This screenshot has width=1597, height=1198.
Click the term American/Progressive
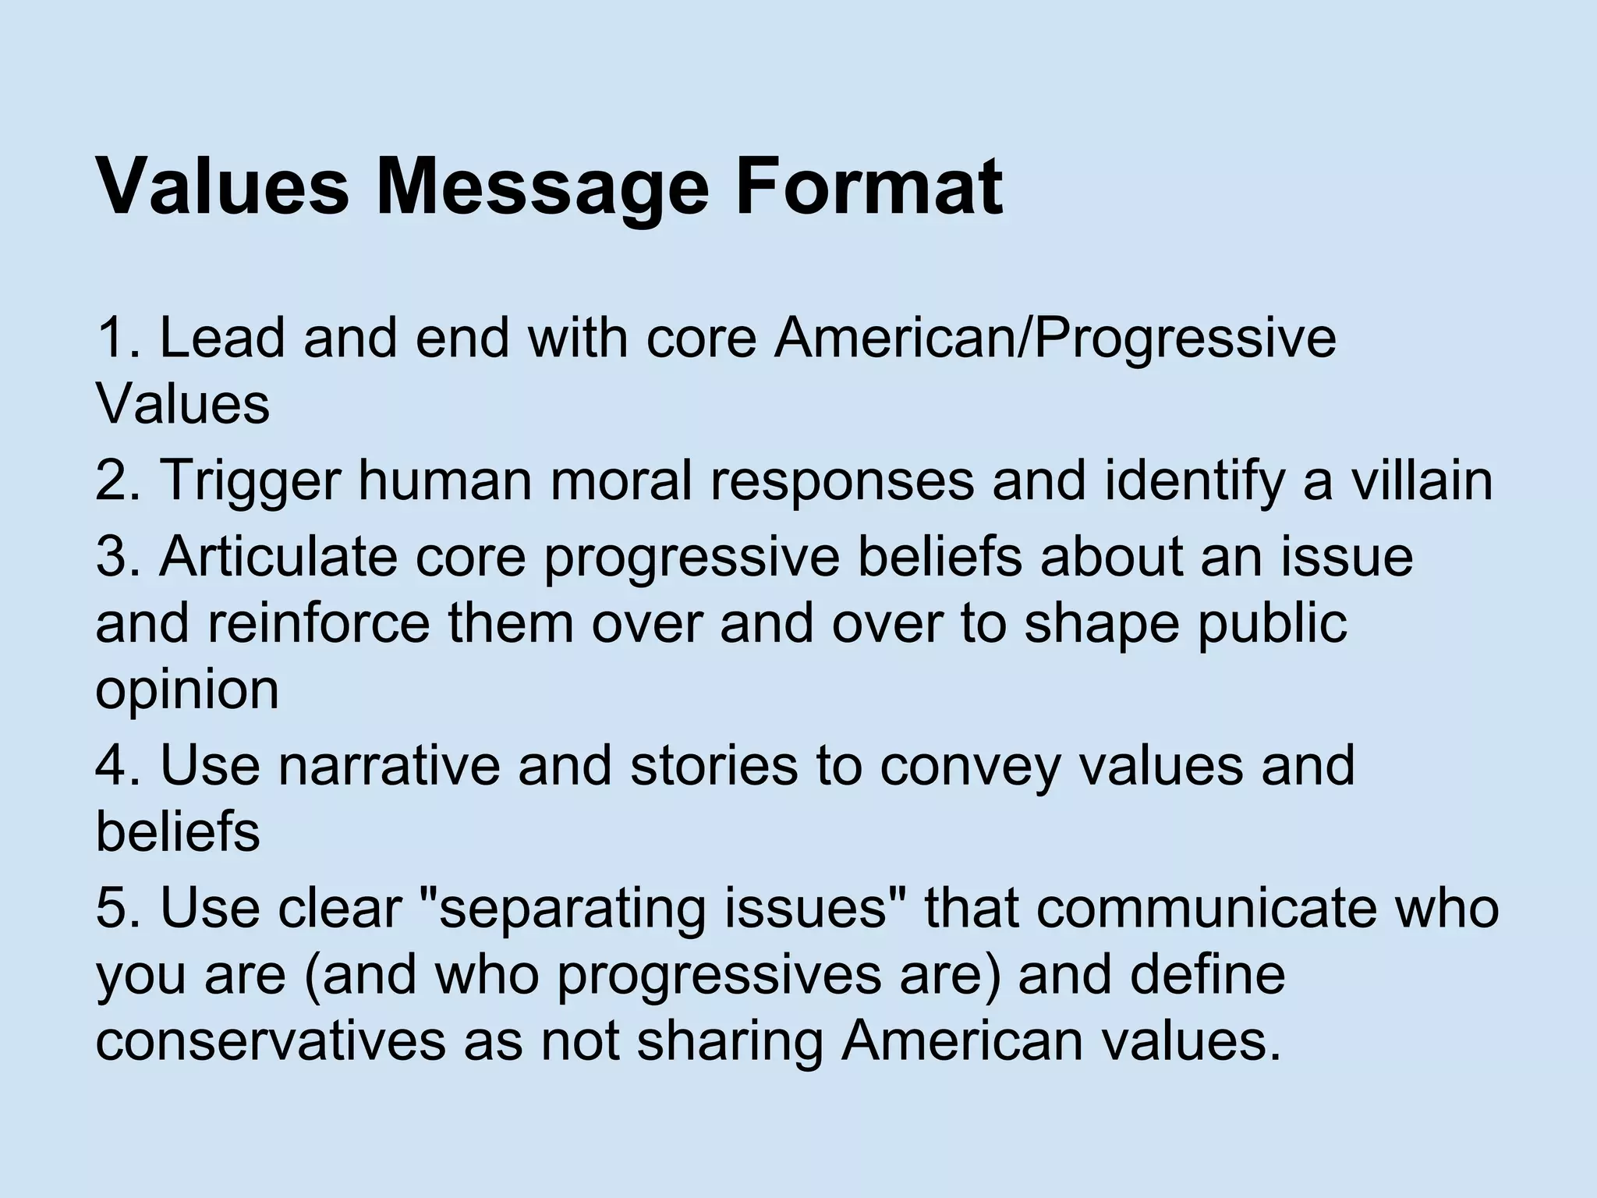click(x=1054, y=339)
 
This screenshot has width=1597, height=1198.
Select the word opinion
click(x=187, y=691)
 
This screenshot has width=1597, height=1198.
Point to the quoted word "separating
click(x=561, y=909)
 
